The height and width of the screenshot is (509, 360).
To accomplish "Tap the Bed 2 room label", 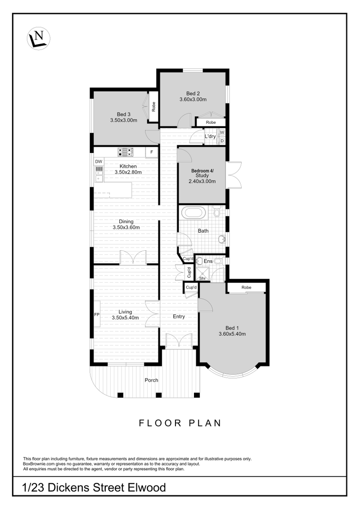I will tap(193, 93).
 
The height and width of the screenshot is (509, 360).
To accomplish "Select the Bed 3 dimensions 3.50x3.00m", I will tap(123, 121).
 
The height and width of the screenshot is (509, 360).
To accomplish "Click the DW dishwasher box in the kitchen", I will tap(98, 162).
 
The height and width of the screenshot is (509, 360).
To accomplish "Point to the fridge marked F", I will tap(152, 153).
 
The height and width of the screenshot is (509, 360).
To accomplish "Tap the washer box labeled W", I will tap(222, 133).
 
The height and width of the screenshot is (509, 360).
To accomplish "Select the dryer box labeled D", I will tap(222, 141).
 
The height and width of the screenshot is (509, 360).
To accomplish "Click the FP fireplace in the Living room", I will tap(96, 314).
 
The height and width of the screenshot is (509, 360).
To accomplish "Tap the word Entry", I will tap(179, 316).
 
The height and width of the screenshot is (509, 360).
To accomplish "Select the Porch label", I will tap(151, 380).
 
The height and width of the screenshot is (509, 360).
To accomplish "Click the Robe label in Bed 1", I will tap(246, 288).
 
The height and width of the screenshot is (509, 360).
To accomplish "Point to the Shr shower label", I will tap(202, 278).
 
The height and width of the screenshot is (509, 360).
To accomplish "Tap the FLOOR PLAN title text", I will tap(180, 423).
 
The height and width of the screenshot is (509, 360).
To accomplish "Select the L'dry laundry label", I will tap(210, 136).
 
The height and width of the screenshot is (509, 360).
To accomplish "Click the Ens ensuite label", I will tap(208, 261).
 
